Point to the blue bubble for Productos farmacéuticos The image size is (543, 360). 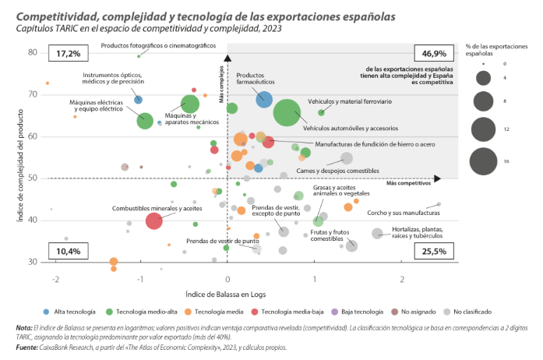click(264, 98)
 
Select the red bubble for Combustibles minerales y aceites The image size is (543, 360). click(153, 221)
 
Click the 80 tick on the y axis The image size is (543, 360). click(33, 52)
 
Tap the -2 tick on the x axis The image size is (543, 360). click(55, 279)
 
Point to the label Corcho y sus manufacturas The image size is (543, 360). click(404, 213)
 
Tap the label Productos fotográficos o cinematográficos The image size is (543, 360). click(158, 46)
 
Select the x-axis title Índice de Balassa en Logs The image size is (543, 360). click(226, 294)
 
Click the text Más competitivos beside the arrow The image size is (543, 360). click(407, 182)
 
